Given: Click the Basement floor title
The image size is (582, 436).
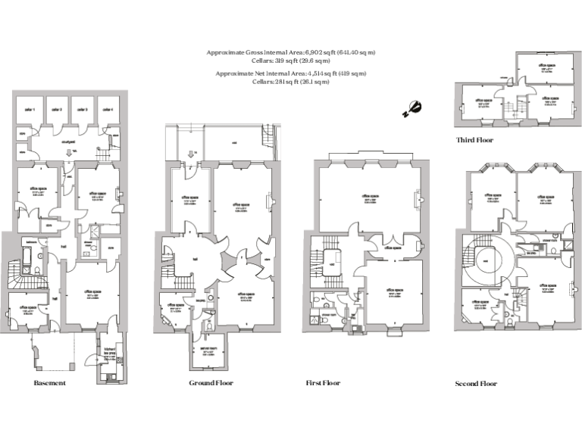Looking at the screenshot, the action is pyautogui.click(x=50, y=383).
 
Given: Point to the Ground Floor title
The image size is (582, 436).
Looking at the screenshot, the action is pyautogui.click(x=211, y=383).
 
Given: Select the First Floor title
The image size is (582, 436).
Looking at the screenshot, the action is pyautogui.click(x=323, y=383).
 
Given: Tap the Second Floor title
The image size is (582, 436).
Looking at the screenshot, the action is pyautogui.click(x=476, y=384).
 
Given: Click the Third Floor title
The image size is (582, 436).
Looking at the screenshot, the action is pyautogui.click(x=474, y=141).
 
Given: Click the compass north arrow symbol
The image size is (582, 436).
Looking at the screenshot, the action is pyautogui.click(x=412, y=109).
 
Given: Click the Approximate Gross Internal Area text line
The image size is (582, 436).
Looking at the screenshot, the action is pyautogui.click(x=291, y=52).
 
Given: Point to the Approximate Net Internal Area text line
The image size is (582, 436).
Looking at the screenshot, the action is pyautogui.click(x=291, y=73).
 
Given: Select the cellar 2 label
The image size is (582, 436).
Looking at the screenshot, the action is pyautogui.click(x=57, y=111).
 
